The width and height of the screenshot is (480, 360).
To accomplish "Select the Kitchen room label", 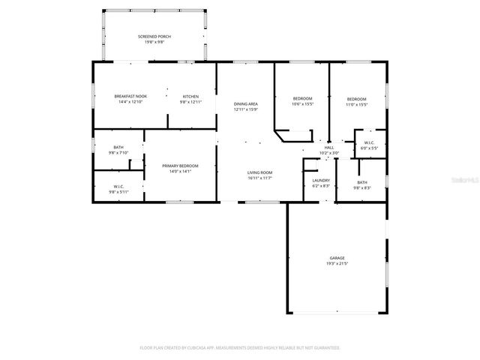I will (x=191, y=96).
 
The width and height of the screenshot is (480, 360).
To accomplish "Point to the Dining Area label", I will (x=245, y=104).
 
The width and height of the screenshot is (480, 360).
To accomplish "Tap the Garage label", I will (x=337, y=257).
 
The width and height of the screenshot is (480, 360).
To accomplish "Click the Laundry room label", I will (x=321, y=180).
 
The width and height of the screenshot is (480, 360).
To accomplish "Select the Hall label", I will (x=329, y=148).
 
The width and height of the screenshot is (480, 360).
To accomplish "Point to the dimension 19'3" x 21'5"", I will (x=337, y=263).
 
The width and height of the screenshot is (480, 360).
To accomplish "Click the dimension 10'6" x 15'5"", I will (x=302, y=104).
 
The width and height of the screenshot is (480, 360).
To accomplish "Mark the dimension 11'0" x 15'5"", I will (x=356, y=104).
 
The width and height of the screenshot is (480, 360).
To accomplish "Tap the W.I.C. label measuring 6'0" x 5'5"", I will (x=369, y=142).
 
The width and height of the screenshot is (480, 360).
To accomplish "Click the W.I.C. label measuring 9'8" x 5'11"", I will (x=118, y=186).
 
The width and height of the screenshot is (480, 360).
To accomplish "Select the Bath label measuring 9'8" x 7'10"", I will (x=118, y=147).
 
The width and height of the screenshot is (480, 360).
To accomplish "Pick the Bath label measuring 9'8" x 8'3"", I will (x=362, y=182).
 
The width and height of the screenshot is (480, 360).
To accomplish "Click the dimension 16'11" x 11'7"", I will (x=259, y=178).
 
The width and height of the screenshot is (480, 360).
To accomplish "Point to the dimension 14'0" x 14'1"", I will (x=181, y=171).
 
